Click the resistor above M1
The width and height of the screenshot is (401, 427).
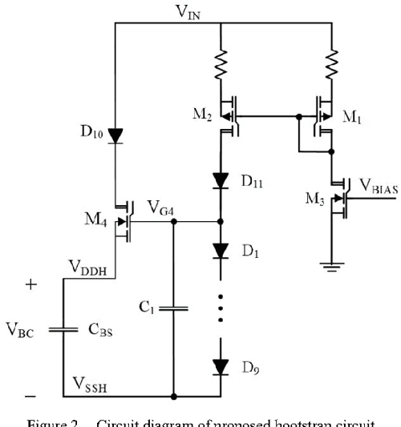coord(330,61)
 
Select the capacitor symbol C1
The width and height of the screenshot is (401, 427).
coord(173,308)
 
